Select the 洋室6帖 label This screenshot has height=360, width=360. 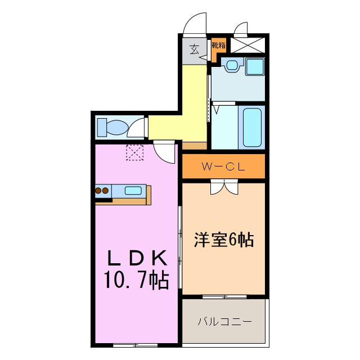click(224, 240)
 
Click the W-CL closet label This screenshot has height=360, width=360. click(223, 166)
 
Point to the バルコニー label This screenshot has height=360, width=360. click(224, 322)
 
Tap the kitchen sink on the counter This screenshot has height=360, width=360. click(133, 190)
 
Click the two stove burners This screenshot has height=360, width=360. click(102, 191)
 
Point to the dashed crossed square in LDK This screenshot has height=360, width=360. click(135, 152)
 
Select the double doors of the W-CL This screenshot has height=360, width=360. click(224, 187)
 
